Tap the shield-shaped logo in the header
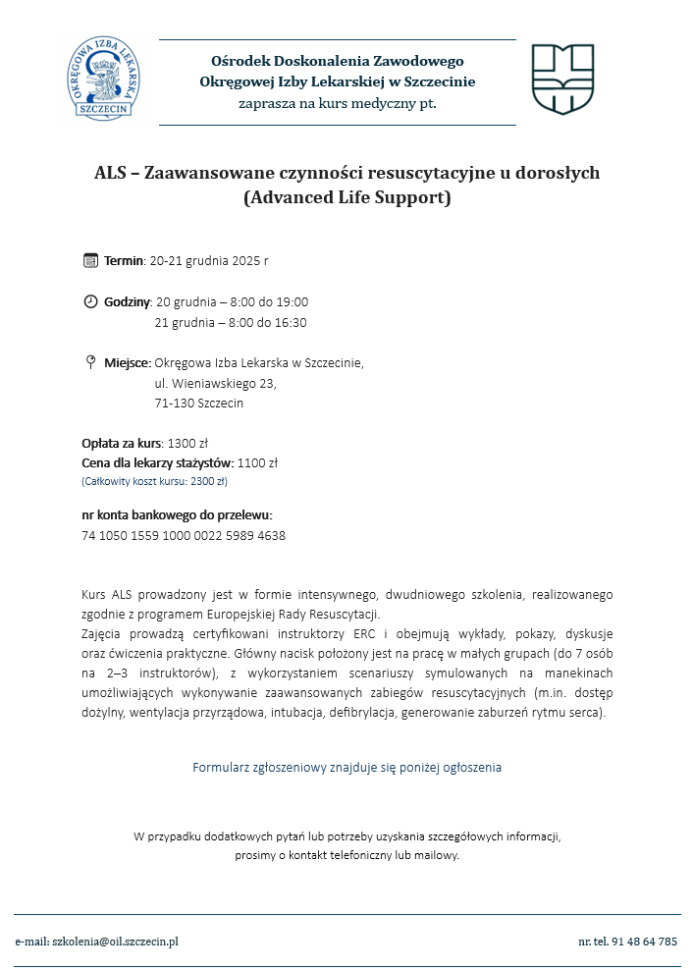tap(562, 79)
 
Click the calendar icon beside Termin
tap(90, 260)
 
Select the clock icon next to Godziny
tap(90, 301)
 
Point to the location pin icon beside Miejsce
tap(90, 362)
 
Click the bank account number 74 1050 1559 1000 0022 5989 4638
tap(184, 536)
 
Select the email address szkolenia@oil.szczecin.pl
tap(115, 942)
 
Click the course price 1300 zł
tap(187, 443)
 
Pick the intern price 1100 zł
tap(258, 462)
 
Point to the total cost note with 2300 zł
tap(154, 482)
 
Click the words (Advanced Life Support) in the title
tap(346, 197)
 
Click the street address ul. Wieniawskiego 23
tap(216, 383)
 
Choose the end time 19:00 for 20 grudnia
tap(292, 301)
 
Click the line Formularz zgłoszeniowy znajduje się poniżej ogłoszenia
tap(346, 767)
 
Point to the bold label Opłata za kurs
tap(121, 443)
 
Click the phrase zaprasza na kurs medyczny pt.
tap(337, 103)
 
